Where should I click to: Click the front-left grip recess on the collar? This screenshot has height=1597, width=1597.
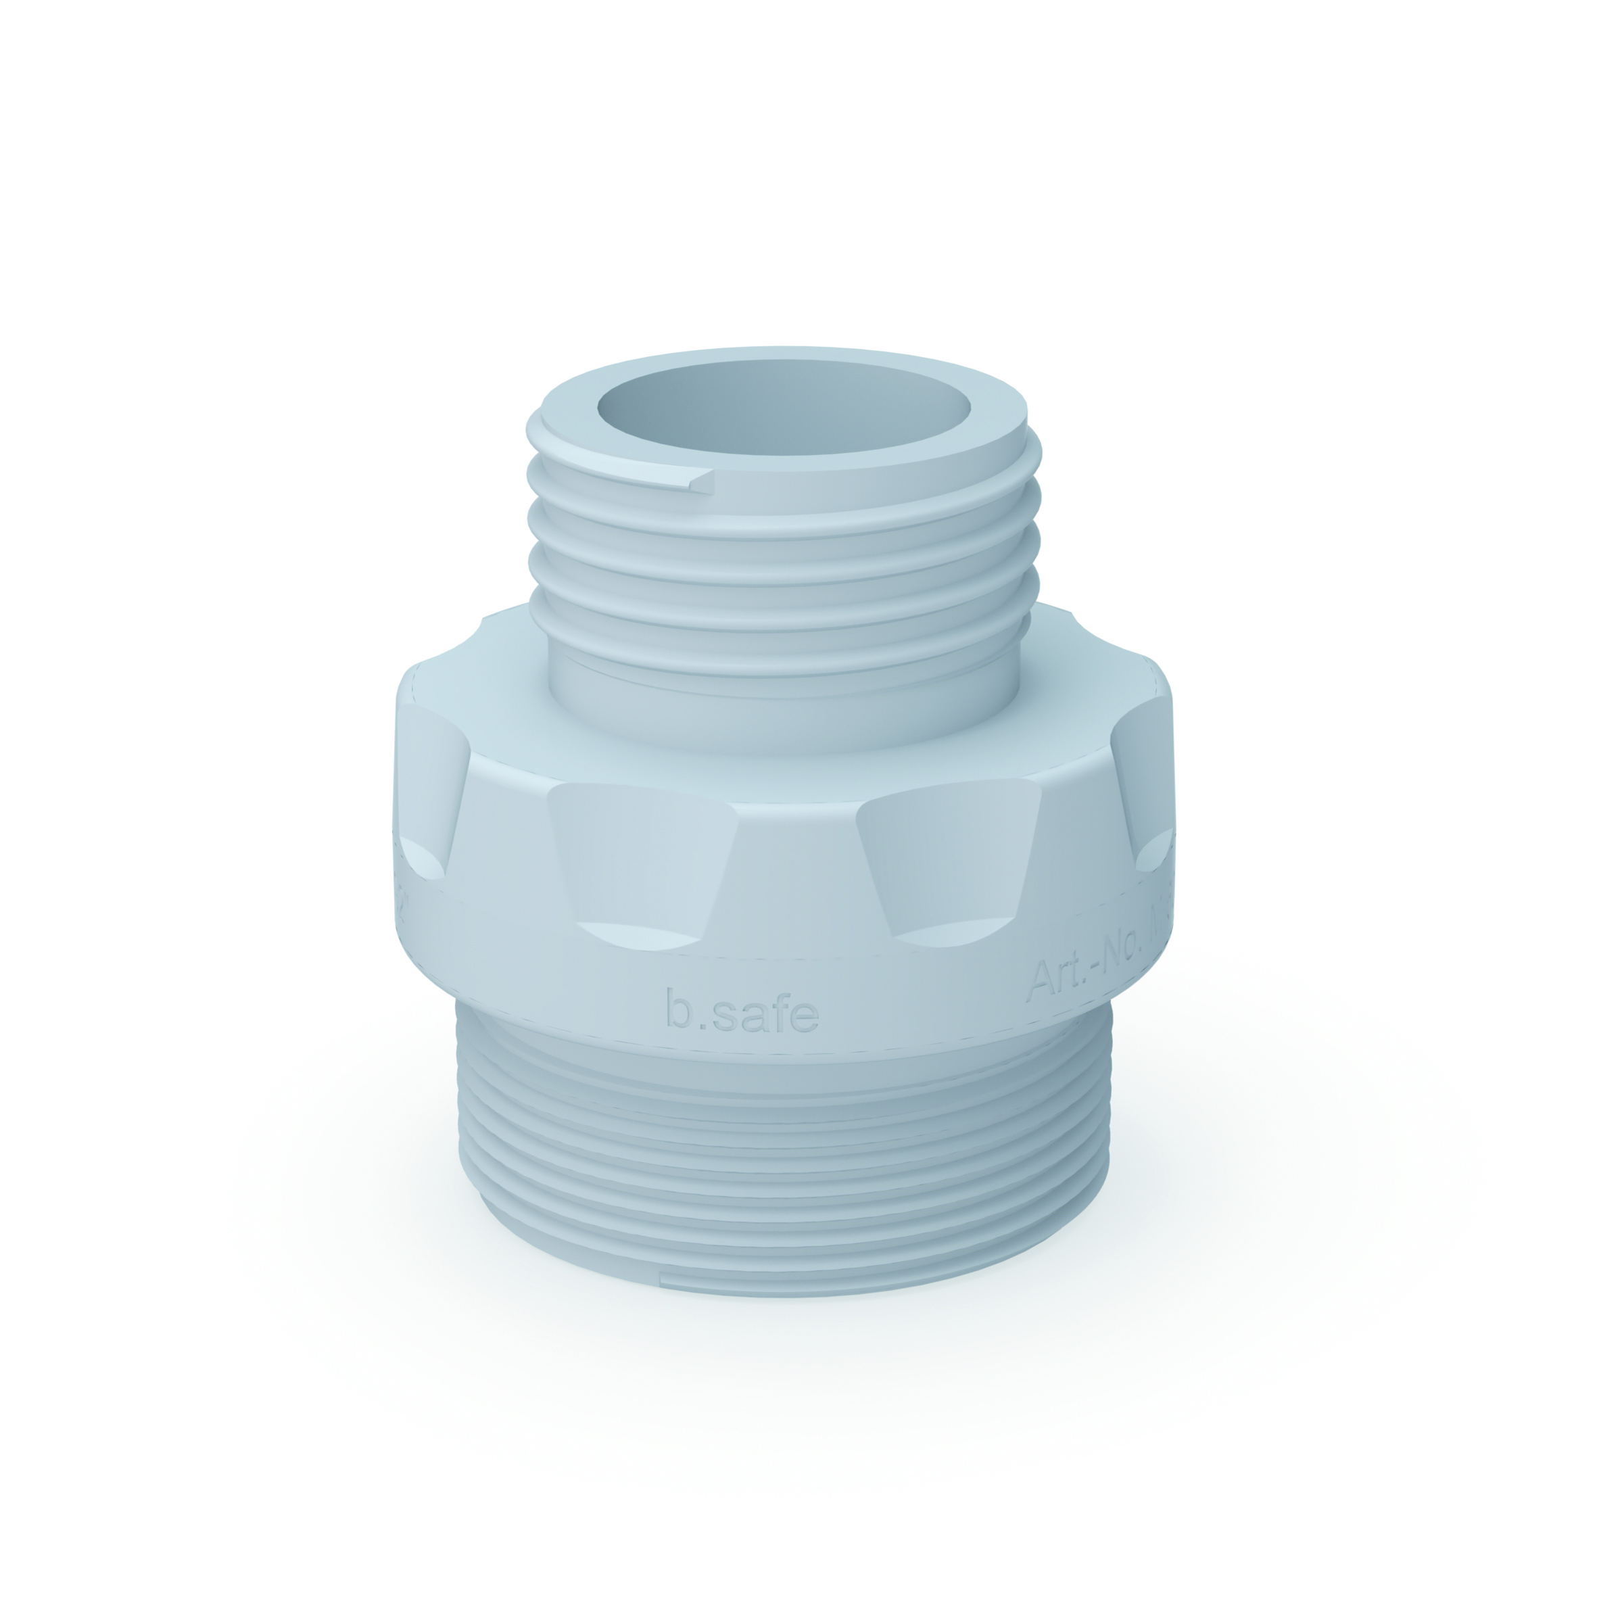[x=640, y=855]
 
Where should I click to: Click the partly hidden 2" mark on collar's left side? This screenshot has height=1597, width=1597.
[x=402, y=901]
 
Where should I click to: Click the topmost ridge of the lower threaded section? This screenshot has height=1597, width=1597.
[x=785, y=1074]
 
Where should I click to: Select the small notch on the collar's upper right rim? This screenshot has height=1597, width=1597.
[x=1151, y=661]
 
